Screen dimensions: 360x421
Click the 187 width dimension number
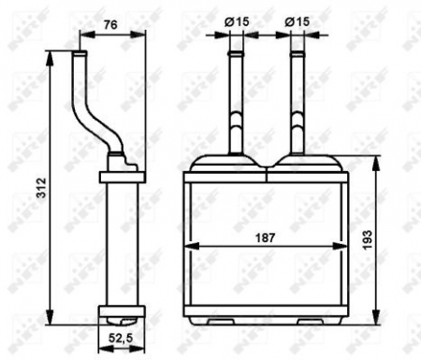pyautogui.click(x=268, y=238)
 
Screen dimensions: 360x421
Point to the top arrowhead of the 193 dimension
pyautogui.click(x=376, y=161)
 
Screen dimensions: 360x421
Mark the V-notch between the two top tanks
pyautogui.click(x=268, y=169)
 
